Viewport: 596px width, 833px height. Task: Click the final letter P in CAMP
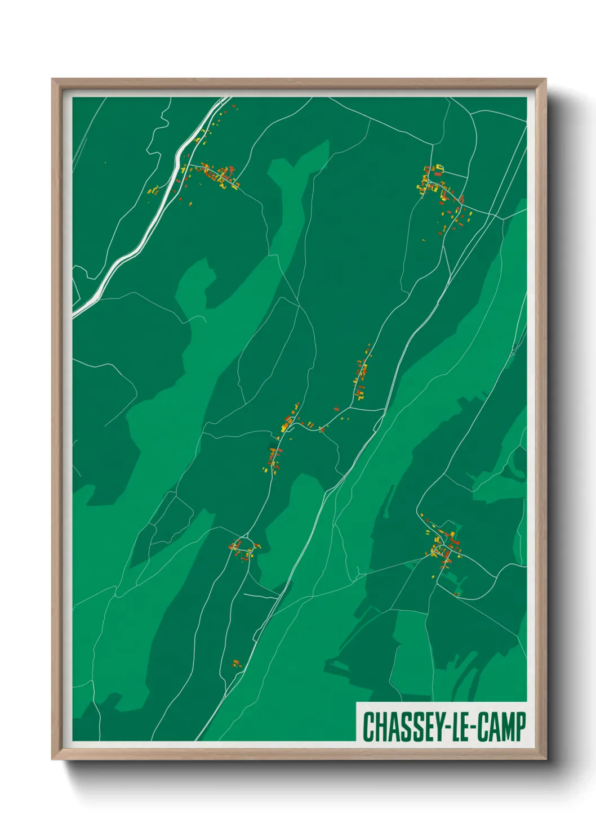[x=521, y=727]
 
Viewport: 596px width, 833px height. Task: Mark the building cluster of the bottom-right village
[x=443, y=545]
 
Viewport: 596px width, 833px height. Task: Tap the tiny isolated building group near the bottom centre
[x=237, y=663]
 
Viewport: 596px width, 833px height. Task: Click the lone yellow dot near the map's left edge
[x=105, y=163]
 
